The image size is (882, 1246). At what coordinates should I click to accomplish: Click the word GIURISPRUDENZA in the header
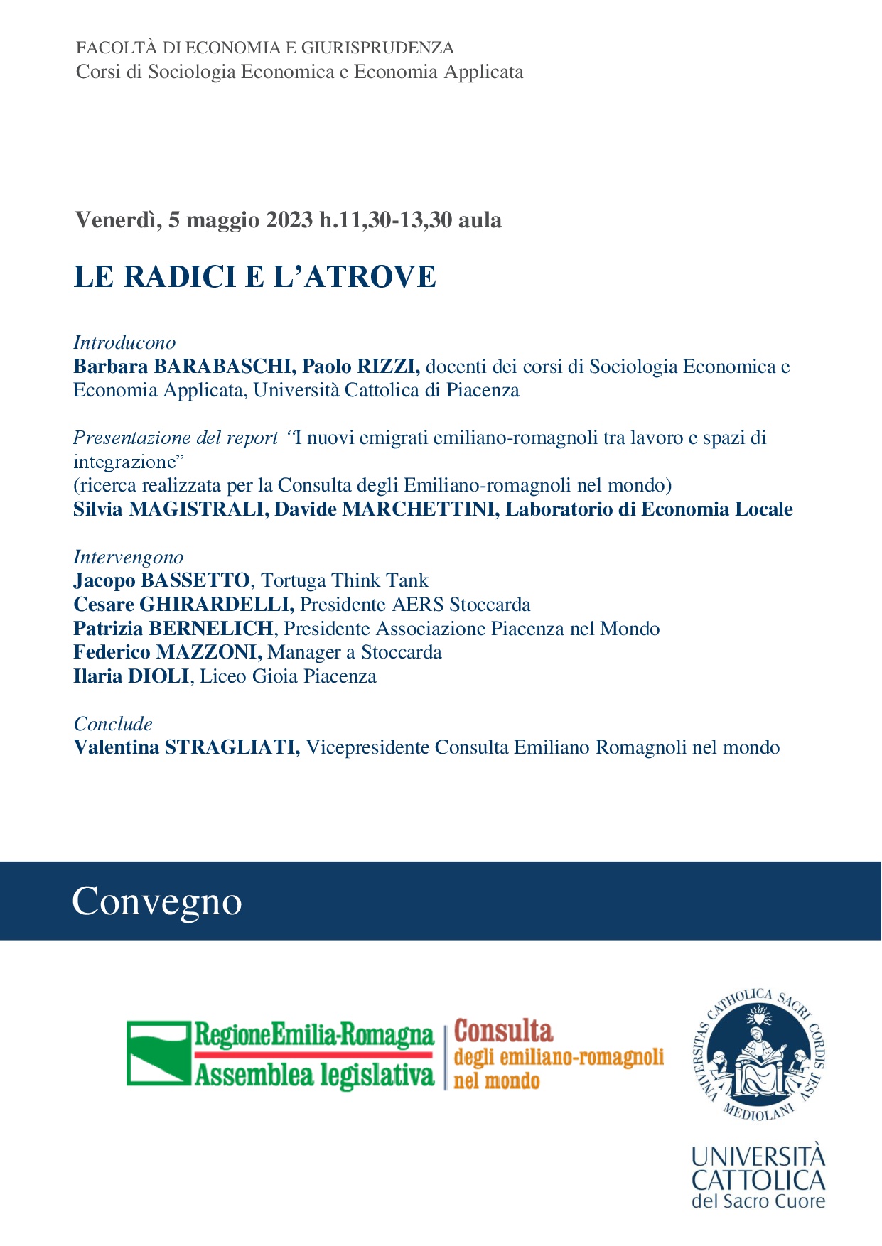pyautogui.click(x=377, y=48)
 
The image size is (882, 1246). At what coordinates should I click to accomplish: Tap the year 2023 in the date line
pyautogui.click(x=289, y=220)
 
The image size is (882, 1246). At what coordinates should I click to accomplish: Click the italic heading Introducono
pyautogui.click(x=124, y=342)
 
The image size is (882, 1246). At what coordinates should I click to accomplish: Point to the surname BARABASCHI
pyautogui.click(x=225, y=367)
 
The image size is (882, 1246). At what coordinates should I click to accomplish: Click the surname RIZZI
pyautogui.click(x=389, y=367)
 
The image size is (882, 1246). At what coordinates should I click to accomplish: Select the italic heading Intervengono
pyautogui.click(x=129, y=557)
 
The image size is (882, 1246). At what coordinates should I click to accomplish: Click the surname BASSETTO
pyautogui.click(x=195, y=581)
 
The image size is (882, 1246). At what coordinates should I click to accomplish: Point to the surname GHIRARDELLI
pyautogui.click(x=217, y=605)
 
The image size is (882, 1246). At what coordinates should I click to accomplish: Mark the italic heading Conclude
pyautogui.click(x=113, y=724)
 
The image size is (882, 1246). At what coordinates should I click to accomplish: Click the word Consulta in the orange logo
pyautogui.click(x=503, y=1031)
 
